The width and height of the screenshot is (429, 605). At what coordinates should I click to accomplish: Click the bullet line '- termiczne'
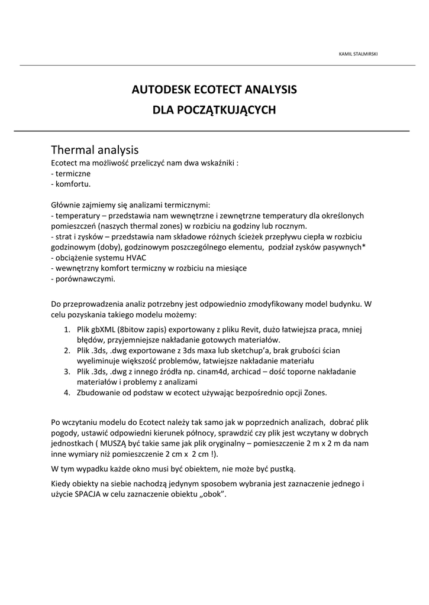coord(71,174)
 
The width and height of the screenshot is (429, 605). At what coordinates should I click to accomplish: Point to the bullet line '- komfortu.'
coord(71,184)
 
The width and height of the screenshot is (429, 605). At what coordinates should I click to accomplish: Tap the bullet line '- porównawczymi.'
coord(83,279)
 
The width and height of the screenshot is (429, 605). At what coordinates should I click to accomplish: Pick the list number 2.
coord(67,350)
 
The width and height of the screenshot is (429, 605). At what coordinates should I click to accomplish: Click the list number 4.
coord(67,392)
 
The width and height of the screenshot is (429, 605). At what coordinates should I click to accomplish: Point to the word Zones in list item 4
coord(314,392)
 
